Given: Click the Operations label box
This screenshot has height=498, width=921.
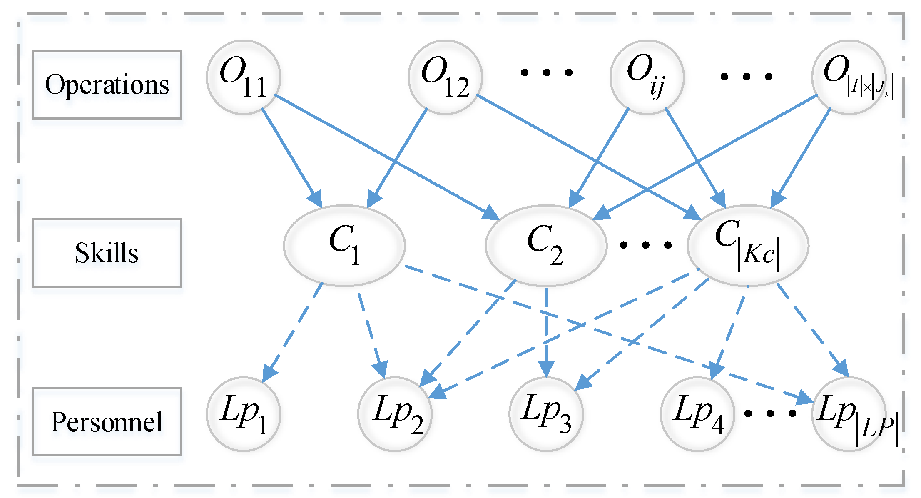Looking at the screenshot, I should click(x=107, y=85).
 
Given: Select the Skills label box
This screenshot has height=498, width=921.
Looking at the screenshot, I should click(x=107, y=253).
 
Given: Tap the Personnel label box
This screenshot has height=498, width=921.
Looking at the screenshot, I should click(x=107, y=421).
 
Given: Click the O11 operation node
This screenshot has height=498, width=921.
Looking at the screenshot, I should click(x=244, y=77).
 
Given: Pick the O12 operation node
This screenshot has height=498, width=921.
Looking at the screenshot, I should click(x=445, y=77).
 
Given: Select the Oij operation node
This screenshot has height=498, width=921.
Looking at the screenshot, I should click(x=647, y=77).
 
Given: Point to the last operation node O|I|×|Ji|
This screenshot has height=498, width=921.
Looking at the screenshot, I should click(x=849, y=77).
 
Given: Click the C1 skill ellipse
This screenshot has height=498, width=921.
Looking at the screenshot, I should click(x=344, y=246).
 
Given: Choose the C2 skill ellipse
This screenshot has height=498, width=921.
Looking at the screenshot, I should click(x=546, y=246).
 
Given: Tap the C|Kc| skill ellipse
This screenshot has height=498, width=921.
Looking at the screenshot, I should click(x=748, y=246).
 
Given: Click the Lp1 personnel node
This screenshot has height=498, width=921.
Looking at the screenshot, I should click(x=244, y=414).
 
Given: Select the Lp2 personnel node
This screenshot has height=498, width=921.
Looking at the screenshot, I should click(x=395, y=414).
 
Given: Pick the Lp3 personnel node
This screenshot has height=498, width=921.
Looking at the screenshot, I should click(x=546, y=414).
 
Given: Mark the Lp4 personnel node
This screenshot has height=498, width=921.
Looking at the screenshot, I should click(x=697, y=414).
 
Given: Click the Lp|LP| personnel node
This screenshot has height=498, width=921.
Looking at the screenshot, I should click(x=849, y=414).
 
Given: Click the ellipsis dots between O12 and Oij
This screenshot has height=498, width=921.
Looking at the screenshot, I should click(x=547, y=73).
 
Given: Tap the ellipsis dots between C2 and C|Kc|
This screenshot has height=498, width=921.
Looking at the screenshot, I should click(x=645, y=245).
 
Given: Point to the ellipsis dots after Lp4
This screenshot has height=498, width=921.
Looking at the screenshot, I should click(x=770, y=413).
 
